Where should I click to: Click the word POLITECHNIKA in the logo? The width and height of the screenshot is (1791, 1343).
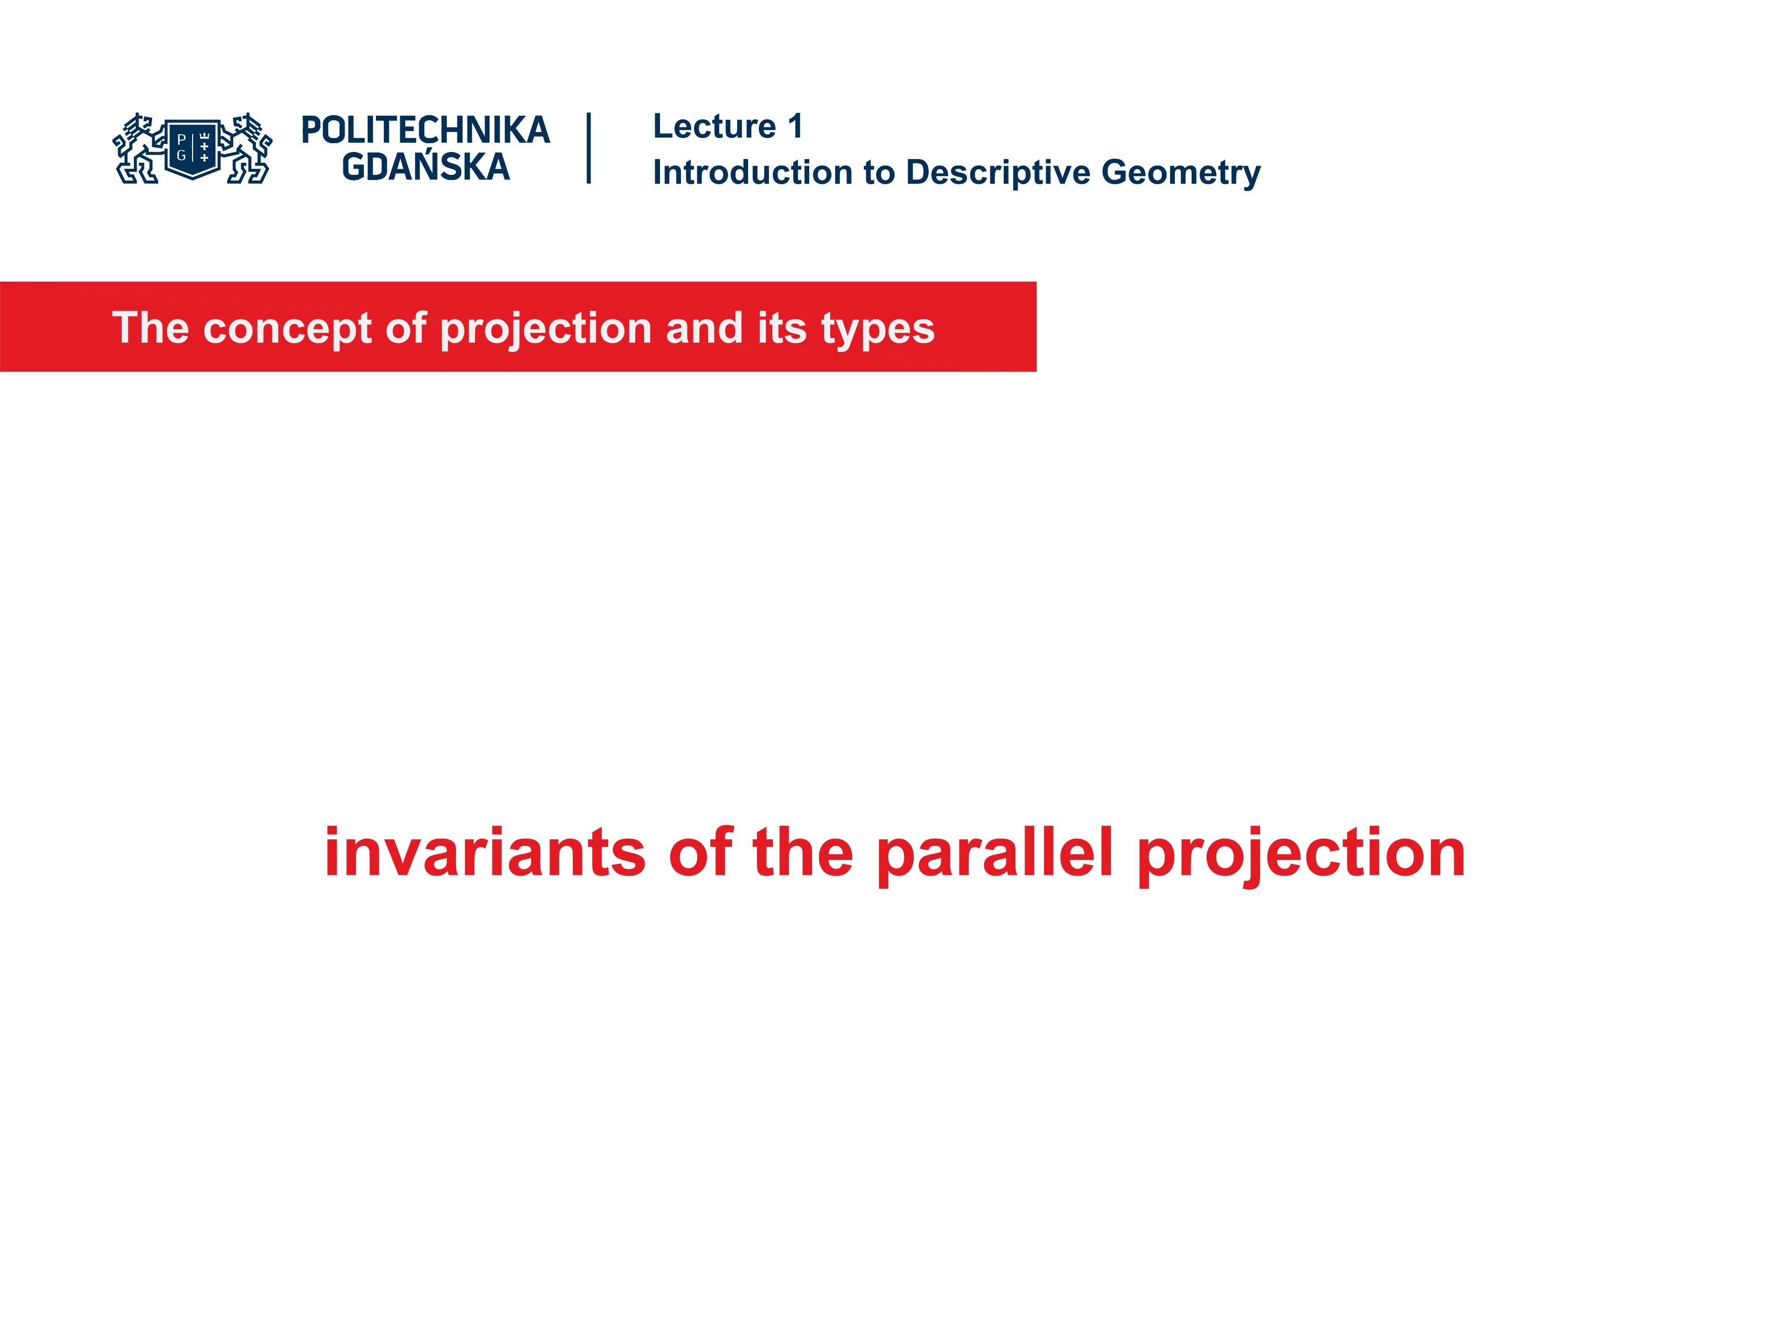tap(425, 130)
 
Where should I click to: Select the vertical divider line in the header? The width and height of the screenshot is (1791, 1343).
tap(589, 148)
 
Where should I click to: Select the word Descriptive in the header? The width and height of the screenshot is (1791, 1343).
tap(998, 173)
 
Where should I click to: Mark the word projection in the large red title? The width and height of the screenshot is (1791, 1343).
tap(1301, 854)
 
